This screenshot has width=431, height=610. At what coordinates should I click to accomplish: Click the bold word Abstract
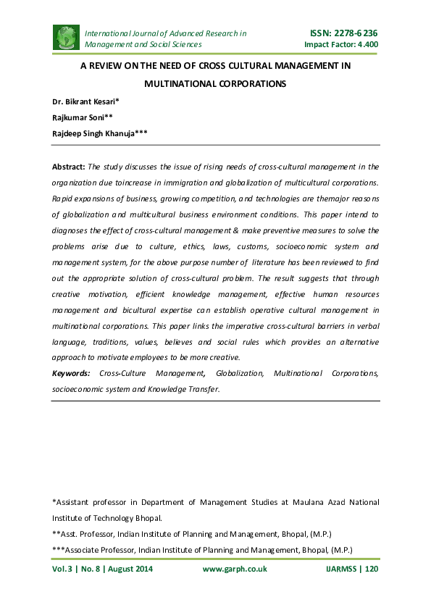[69, 167]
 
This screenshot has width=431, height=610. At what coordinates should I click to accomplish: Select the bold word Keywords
[71, 373]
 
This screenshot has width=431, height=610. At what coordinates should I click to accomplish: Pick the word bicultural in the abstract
[169, 309]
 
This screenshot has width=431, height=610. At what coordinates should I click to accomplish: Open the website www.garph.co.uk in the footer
[234, 569]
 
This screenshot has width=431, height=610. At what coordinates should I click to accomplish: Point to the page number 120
[372, 569]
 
